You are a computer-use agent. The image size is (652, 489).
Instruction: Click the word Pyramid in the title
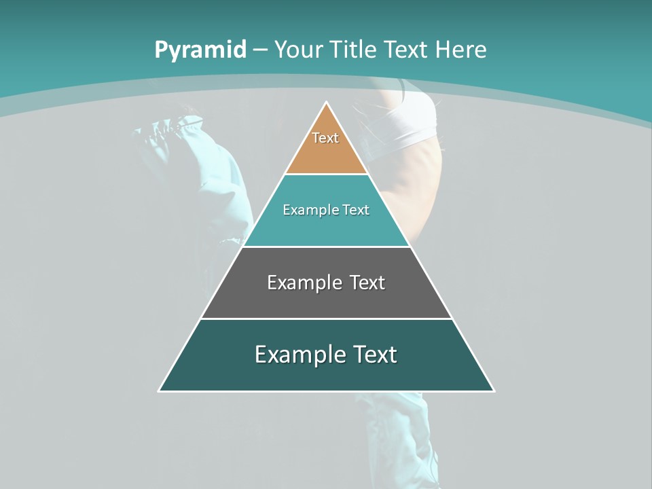click(x=200, y=50)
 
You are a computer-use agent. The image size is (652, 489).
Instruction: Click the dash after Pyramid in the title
click(x=259, y=50)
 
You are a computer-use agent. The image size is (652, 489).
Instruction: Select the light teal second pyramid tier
click(x=326, y=228)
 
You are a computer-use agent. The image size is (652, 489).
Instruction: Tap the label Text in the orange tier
click(x=325, y=138)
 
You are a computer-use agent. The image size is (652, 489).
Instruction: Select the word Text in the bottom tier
click(x=372, y=355)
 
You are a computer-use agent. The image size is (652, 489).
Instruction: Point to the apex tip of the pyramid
click(x=327, y=103)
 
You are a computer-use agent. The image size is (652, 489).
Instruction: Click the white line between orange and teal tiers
click(x=326, y=175)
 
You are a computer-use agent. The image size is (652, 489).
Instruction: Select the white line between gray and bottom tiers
click(x=326, y=319)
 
